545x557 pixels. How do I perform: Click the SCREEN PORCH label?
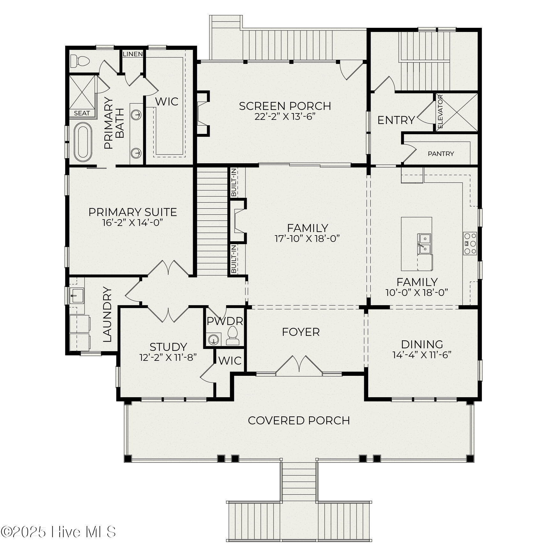pos(285,106)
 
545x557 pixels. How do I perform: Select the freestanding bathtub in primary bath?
pos(83,142)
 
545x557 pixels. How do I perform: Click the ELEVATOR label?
pos(441,112)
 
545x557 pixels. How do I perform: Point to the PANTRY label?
pos(441,154)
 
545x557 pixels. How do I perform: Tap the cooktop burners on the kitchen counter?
pos(470,243)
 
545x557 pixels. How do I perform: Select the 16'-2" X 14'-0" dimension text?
pos(132,223)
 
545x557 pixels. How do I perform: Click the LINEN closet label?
pos(133,54)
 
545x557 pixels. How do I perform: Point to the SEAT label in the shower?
pos(82,113)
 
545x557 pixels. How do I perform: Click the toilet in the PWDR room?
pos(233,335)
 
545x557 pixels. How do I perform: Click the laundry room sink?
pos(77,295)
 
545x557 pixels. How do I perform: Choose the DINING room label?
pos(422,344)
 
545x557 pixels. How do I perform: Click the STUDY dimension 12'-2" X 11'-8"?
pos(168,357)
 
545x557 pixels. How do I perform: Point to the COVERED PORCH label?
pos(299,420)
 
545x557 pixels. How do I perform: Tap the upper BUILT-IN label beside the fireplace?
pos(234,182)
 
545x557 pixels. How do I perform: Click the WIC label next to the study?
pos(230,360)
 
